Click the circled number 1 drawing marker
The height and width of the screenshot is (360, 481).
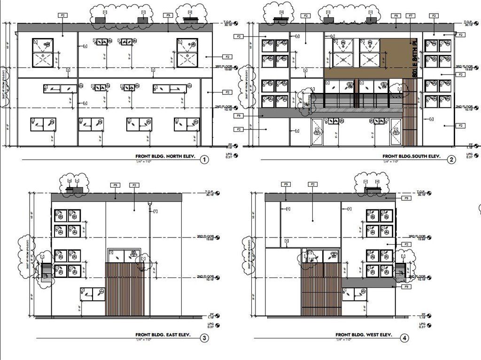coord(204,160)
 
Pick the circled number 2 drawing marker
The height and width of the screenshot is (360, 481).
coord(451,160)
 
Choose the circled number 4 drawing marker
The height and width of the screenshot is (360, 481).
coord(404,338)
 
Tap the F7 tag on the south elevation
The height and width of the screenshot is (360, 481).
coord(411,16)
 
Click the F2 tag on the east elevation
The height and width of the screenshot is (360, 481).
coord(134,185)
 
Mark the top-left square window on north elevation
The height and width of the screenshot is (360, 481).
coord(43,53)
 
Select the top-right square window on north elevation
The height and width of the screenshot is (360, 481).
coord(187,53)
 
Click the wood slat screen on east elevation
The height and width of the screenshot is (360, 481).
coord(125,289)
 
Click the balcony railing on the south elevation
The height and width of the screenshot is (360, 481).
coord(357,100)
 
